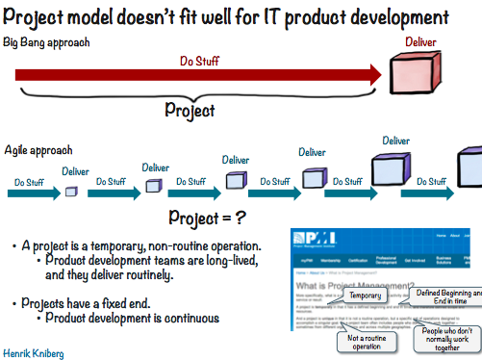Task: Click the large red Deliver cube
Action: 417,71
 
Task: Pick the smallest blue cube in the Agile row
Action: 70,192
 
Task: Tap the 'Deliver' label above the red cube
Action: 420,41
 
